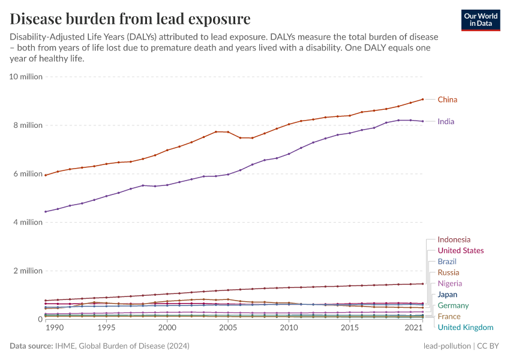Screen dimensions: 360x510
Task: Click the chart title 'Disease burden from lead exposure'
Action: coord(130,18)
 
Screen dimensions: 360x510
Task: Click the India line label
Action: coord(446,121)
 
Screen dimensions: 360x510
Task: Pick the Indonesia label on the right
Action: coord(454,239)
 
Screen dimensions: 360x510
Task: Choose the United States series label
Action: coord(460,250)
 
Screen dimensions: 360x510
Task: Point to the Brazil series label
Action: coord(447,262)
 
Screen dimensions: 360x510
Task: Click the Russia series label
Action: coord(448,272)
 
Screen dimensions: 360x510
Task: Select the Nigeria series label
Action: coord(449,283)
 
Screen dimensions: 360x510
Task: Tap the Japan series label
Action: coord(448,295)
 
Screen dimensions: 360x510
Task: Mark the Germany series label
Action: coord(453,305)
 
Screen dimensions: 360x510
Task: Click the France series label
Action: coord(449,316)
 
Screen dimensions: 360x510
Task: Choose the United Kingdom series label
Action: coord(465,327)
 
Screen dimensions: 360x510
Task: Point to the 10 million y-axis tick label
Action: coord(26,77)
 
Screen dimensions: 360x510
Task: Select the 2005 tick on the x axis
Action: coord(228,328)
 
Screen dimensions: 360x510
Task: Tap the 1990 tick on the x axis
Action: coord(54,328)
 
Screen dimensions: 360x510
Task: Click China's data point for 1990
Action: coord(46,175)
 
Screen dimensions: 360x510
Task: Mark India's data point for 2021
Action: coord(422,121)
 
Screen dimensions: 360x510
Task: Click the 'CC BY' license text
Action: coord(489,346)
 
